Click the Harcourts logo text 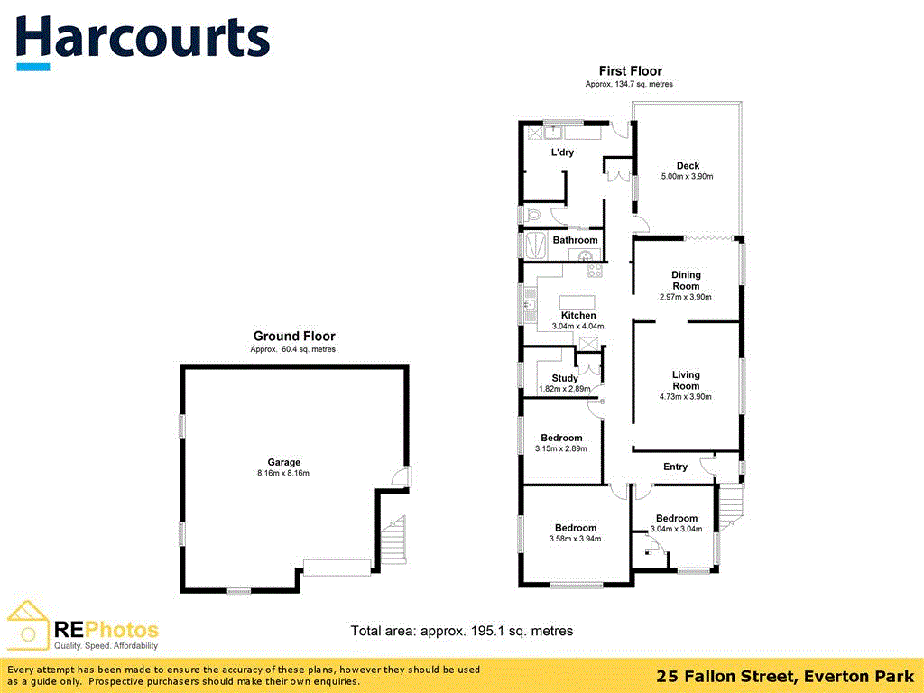pyautogui.click(x=143, y=38)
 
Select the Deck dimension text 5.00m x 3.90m pyautogui.click(x=688, y=177)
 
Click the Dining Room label pyautogui.click(x=686, y=281)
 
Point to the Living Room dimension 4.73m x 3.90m pyautogui.click(x=686, y=397)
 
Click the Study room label pyautogui.click(x=565, y=378)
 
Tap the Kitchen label pyautogui.click(x=578, y=315)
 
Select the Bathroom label pyautogui.click(x=575, y=240)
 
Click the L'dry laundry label pyautogui.click(x=562, y=152)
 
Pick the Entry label pyautogui.click(x=675, y=467)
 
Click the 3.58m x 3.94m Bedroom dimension pyautogui.click(x=575, y=539)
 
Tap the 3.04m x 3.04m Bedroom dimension pyautogui.click(x=676, y=530)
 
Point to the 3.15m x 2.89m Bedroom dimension pyautogui.click(x=561, y=448)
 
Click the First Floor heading pyautogui.click(x=630, y=71)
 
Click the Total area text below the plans pyautogui.click(x=462, y=631)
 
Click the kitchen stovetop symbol pyautogui.click(x=595, y=270)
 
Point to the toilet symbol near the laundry pyautogui.click(x=535, y=215)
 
